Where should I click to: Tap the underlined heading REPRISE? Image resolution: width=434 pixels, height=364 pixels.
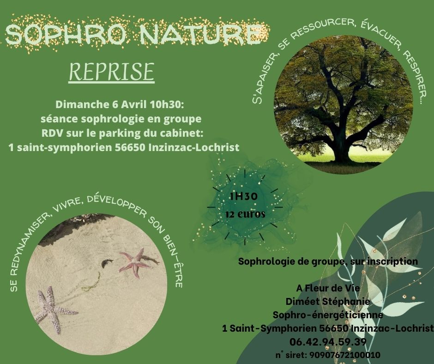pos(112,72)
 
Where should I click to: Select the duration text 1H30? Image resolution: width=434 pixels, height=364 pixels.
pos(244,196)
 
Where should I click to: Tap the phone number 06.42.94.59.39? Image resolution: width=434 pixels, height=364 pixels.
pos(328,342)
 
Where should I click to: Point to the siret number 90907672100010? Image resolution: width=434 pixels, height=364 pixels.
pos(344,355)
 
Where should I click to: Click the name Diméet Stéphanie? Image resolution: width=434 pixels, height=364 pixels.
pos(328,301)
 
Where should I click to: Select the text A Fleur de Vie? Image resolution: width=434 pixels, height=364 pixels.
pos(328,288)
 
